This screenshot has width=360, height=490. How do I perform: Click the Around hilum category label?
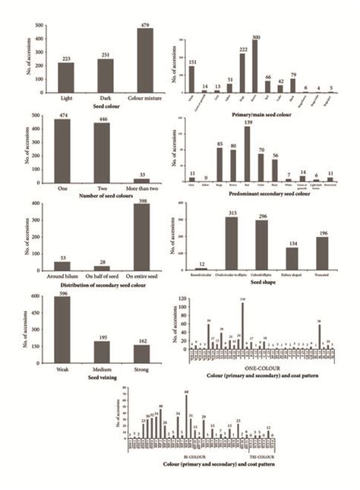pyautogui.click(x=66, y=277)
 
